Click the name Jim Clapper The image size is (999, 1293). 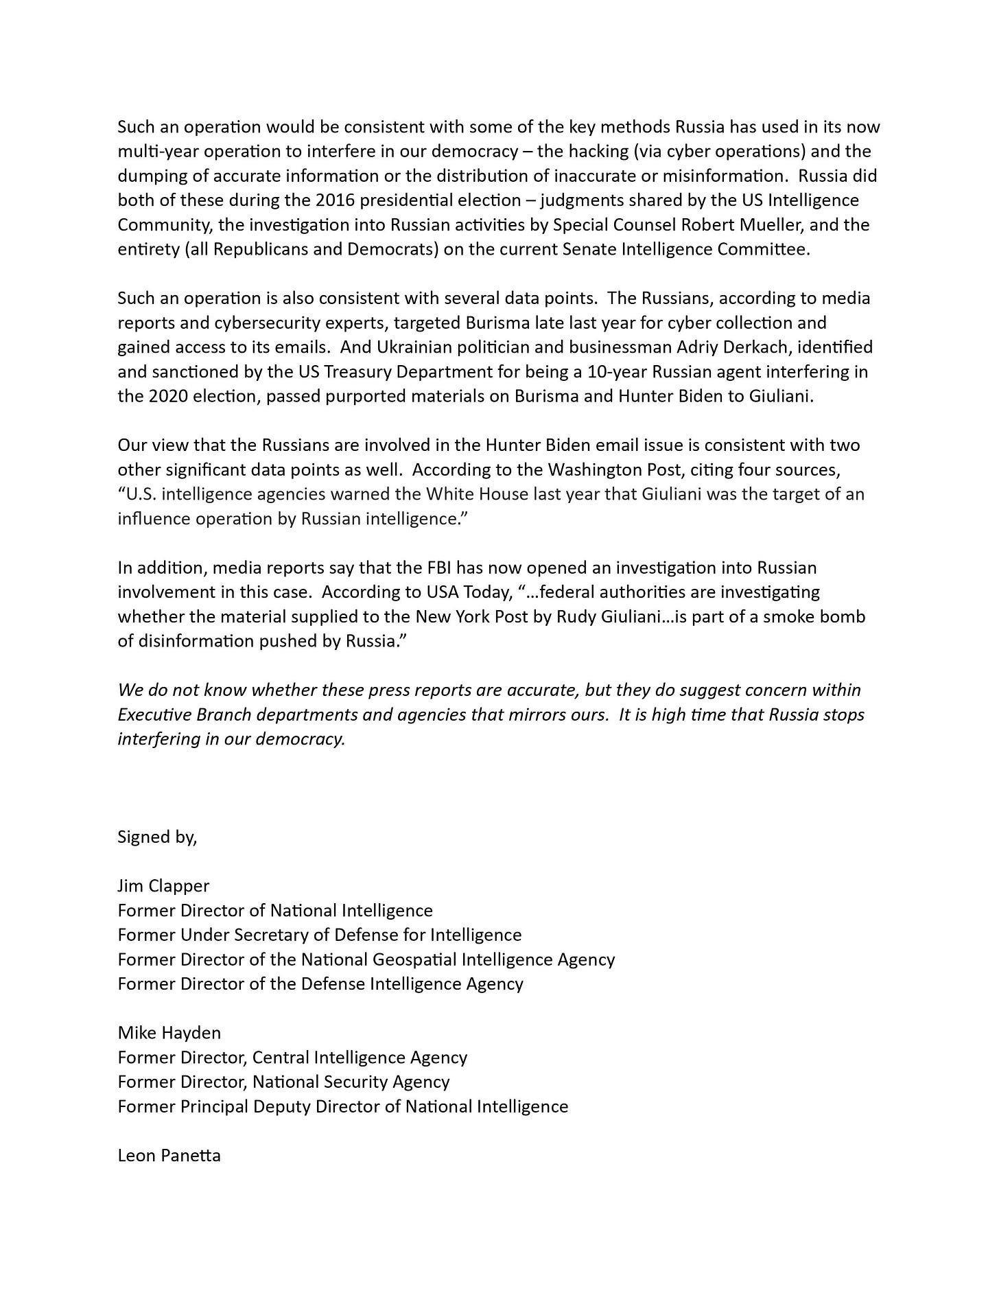[163, 886]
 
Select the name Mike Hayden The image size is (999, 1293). [169, 1033]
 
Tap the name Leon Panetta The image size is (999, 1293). [169, 1156]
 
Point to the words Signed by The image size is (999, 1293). [157, 837]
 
